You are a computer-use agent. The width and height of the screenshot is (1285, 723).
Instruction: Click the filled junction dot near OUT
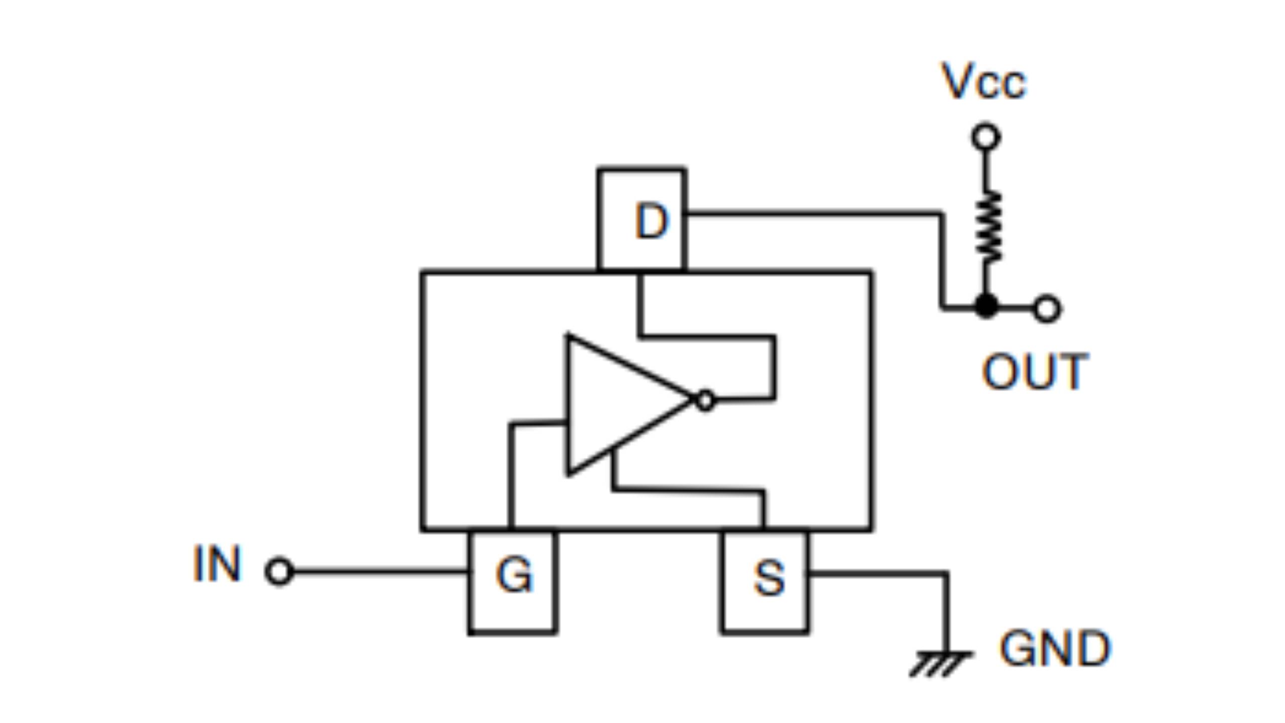pos(986,306)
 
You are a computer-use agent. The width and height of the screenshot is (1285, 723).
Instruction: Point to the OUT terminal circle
pos(1047,308)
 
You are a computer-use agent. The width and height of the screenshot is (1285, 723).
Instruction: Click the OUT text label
pos(1035,372)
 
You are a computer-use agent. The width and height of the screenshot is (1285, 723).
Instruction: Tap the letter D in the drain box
pos(651,221)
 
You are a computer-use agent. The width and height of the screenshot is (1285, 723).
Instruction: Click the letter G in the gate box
pos(514,575)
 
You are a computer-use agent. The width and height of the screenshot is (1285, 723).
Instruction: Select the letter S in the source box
pos(768,578)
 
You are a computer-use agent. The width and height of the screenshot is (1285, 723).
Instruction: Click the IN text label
pos(217,564)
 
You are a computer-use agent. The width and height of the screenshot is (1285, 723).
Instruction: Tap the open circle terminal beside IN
pos(279,571)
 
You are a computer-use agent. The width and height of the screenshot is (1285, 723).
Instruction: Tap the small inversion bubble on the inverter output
pos(705,401)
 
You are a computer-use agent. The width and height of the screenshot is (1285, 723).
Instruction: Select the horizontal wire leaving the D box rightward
pos(813,214)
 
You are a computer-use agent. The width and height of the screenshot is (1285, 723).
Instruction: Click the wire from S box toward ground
pos(878,573)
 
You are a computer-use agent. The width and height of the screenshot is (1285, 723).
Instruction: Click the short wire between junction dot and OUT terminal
pos(1016,307)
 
